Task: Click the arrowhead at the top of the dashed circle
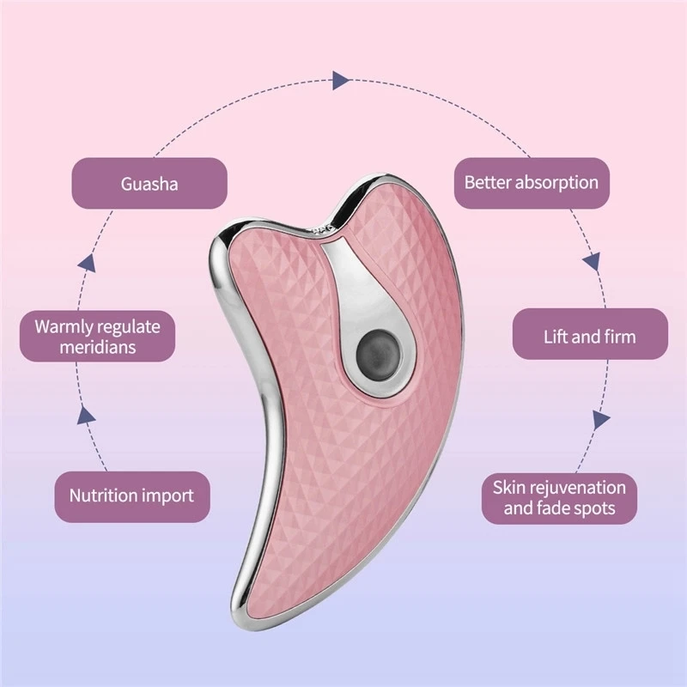point(342,81)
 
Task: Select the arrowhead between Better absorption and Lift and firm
point(592,260)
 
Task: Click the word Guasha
point(149,183)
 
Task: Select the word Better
point(487,182)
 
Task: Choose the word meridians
point(97,348)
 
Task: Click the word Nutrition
point(103,495)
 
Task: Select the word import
point(168,495)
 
